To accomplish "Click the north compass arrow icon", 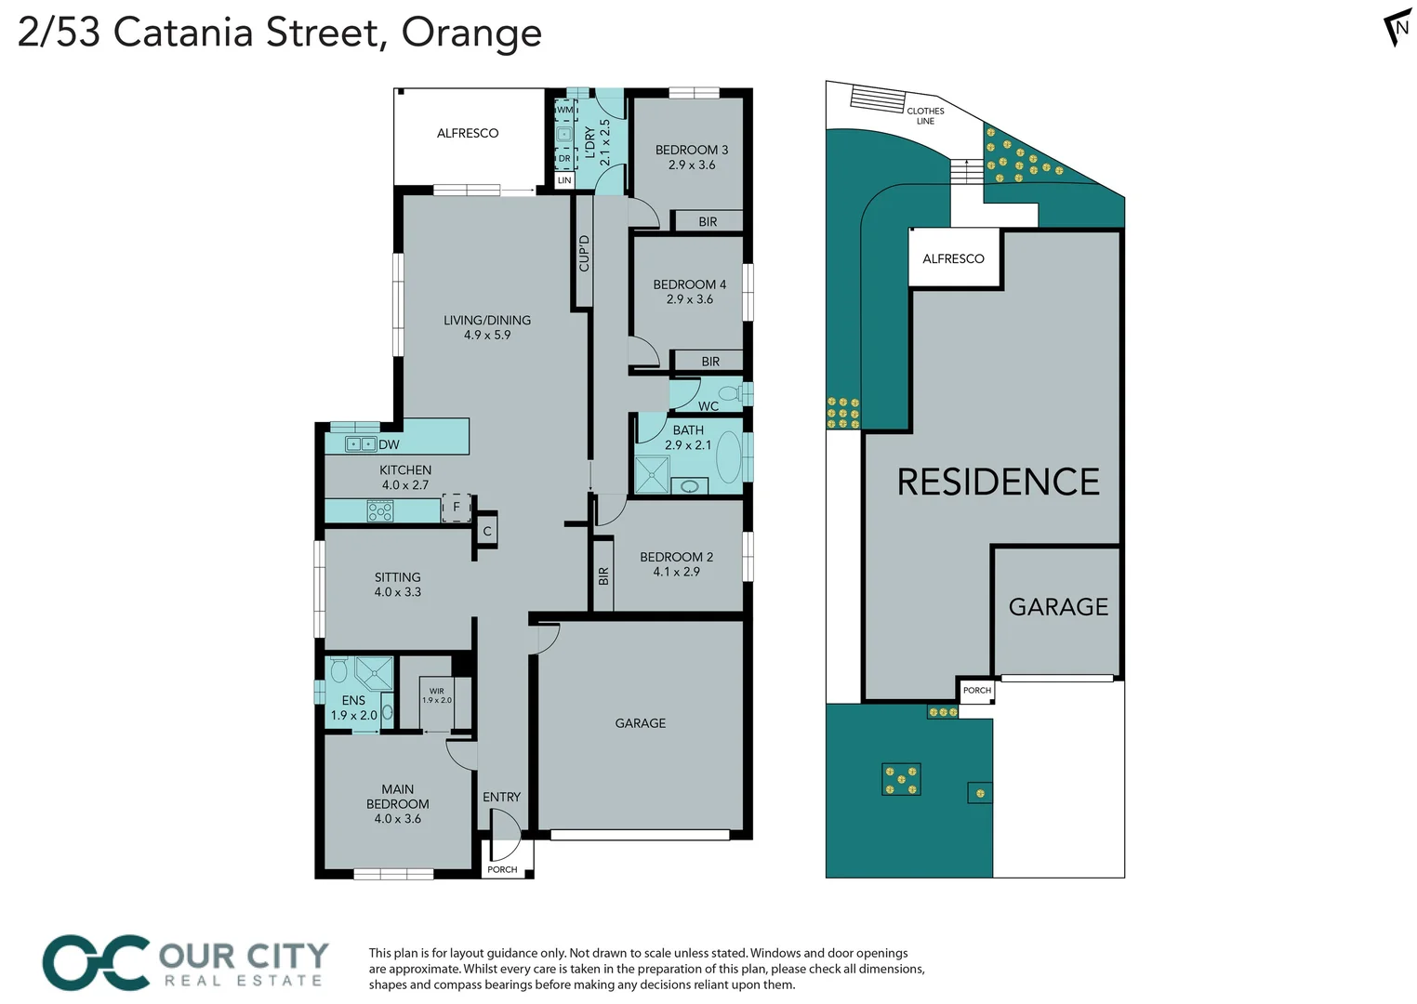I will [1397, 28].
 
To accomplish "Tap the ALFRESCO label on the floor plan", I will [468, 134].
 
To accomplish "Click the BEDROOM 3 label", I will [691, 150].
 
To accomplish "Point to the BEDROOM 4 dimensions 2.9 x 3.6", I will [690, 299].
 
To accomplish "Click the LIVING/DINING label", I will [487, 321].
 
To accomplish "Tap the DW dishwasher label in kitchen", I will [389, 445].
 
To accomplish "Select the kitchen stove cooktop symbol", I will [380, 511].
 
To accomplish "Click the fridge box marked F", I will [456, 508].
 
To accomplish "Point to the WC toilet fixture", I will [731, 393].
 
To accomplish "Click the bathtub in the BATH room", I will [729, 456].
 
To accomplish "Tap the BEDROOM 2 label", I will [676, 557].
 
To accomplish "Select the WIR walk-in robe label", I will [436, 692].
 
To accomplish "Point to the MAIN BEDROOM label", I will [397, 797].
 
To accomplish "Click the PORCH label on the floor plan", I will [502, 870].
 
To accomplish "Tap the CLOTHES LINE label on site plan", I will [925, 116].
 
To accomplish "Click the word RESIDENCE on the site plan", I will [998, 482].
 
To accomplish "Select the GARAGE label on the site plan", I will [1058, 607].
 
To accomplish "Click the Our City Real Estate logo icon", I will [96, 963].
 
